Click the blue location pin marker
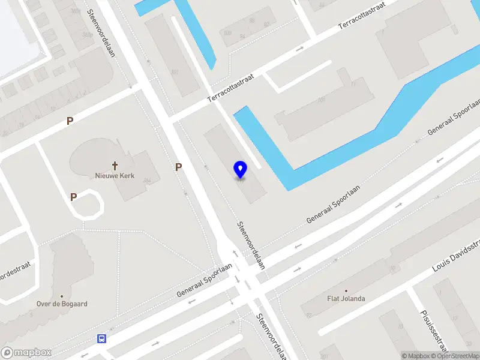[x=240, y=170]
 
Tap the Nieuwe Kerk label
[x=115, y=176]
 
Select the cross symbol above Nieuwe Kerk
[x=115, y=165]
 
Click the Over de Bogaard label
[x=62, y=304]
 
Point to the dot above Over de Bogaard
[x=62, y=296]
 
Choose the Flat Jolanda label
[x=346, y=298]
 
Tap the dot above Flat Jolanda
[x=346, y=290]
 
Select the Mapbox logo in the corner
[x=26, y=353]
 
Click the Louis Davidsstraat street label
[x=458, y=254]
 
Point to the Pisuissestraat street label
[x=434, y=331]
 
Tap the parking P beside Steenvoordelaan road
[x=178, y=167]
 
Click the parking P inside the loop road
[x=73, y=196]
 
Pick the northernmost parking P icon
[x=70, y=121]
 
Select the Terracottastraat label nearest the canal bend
[x=231, y=88]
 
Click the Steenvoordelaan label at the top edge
[x=100, y=34]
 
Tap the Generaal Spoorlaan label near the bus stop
[x=204, y=281]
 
